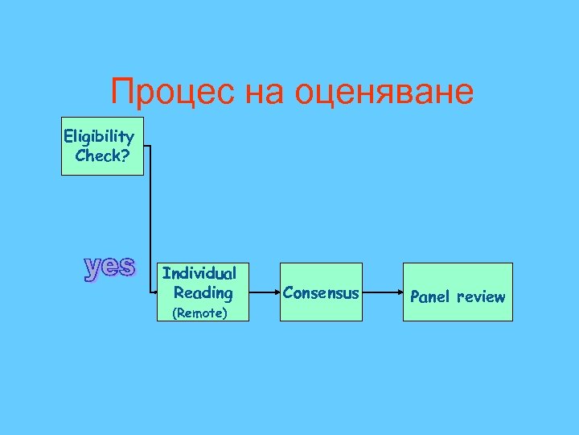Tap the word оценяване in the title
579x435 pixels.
(385, 93)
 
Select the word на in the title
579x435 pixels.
(266, 93)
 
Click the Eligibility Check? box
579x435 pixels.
(102, 146)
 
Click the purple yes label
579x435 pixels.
(110, 267)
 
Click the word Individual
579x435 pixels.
(199, 274)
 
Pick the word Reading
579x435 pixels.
(203, 292)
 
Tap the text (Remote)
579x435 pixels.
(200, 313)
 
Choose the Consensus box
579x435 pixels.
(321, 292)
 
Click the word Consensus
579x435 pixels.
(321, 292)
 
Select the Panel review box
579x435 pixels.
(458, 292)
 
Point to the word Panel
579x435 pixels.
(431, 296)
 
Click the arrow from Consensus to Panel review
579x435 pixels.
(383, 292)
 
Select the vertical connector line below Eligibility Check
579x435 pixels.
(150, 217)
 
